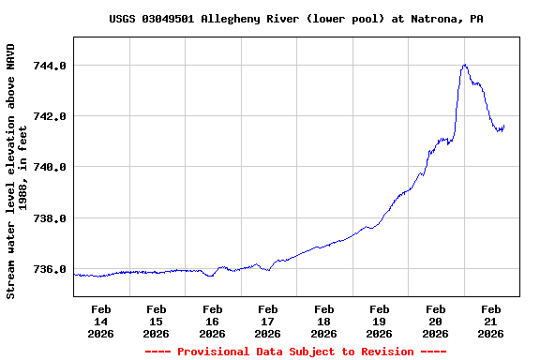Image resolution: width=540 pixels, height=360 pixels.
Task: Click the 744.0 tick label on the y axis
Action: [50, 66]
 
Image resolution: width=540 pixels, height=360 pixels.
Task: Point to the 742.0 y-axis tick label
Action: [50, 116]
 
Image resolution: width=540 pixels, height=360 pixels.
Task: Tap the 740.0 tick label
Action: [50, 167]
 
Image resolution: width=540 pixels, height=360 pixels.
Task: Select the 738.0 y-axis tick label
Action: [50, 218]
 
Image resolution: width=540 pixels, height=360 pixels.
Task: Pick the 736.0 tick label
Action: [50, 269]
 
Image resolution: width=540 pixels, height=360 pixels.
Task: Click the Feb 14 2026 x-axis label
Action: [101, 321]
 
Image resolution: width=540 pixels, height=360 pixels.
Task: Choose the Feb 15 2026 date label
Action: [157, 321]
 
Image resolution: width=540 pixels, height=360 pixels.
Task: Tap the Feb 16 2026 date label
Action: [213, 321]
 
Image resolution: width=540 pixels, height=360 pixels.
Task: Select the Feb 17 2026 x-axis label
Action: [268, 321]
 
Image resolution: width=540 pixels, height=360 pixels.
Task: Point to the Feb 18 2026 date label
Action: [324, 321]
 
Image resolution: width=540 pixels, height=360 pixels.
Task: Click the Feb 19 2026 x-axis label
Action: [380, 321]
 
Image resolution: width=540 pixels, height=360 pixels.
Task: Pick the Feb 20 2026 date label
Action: [435, 321]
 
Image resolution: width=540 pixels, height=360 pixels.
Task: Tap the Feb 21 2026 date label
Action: [491, 321]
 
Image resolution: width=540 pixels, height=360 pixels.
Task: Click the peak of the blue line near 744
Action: [464, 65]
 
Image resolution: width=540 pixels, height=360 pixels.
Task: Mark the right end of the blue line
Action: [504, 127]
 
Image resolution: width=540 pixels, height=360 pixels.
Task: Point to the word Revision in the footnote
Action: [383, 352]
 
